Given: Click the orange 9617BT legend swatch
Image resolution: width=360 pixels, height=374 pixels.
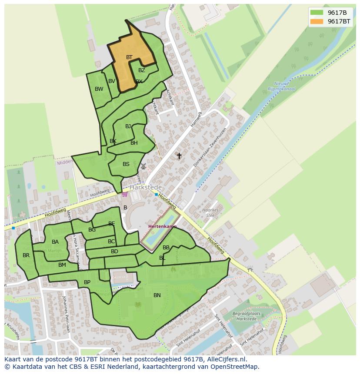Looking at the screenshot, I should coord(317,21).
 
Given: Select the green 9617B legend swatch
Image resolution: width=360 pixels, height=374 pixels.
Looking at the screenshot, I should coord(317,13).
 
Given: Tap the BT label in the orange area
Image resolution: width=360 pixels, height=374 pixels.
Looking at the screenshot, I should coord(129,57).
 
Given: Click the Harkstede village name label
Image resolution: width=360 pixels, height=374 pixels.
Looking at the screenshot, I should coord(146,187).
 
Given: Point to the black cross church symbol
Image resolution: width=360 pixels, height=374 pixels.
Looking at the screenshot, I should coord(179,156).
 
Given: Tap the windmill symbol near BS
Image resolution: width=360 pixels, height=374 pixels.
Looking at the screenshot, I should coord(143,166).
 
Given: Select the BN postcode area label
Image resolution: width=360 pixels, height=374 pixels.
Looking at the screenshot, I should coord(157,295).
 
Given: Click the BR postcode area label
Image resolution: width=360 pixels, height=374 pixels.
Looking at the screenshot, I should coord(26,255).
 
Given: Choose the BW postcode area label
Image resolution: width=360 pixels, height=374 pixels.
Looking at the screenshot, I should coord(99,89).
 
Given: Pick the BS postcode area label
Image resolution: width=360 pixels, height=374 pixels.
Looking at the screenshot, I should coord(126,164).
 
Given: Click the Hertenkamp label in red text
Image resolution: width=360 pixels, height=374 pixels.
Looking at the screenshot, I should coord(162,227).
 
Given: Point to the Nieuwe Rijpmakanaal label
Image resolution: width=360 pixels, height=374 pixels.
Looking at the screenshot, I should coord(284,86).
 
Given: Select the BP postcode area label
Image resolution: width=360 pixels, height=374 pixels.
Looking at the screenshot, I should coord(87,282).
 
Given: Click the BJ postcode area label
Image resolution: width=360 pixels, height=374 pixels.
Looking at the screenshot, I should coord(128,126).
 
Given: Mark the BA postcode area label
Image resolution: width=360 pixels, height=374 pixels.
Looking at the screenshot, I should coord(55,242).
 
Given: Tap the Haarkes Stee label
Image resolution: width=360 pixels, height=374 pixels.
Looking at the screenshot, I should coord(209,212).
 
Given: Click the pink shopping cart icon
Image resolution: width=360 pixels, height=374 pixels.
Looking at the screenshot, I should coord(125,194).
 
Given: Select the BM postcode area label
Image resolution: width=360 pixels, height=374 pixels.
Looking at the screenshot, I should coord(62,265).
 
